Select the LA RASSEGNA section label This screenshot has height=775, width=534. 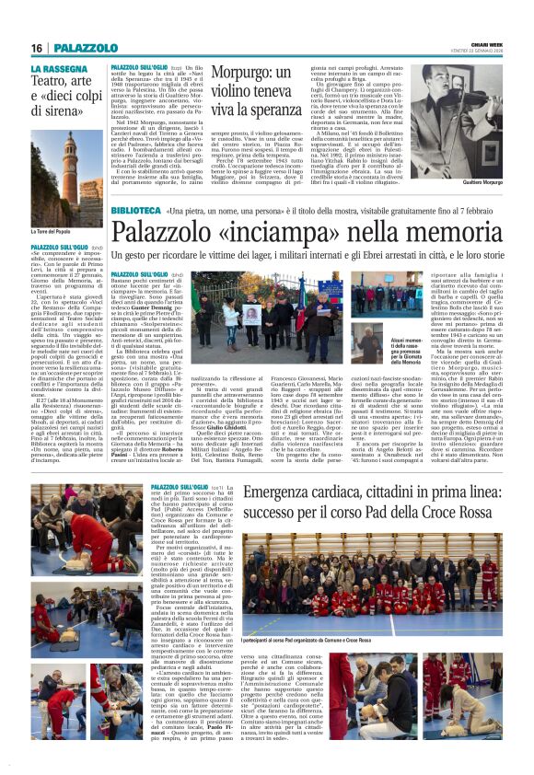pyautogui.click(x=59, y=68)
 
